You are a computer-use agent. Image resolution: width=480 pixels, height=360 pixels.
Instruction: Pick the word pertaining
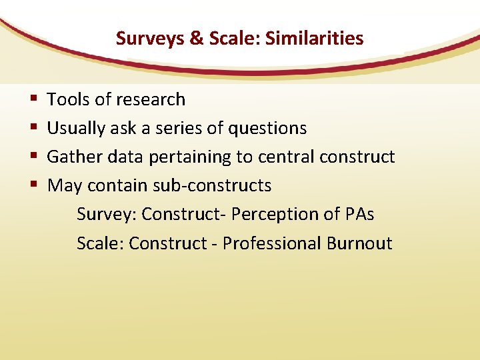tap(189, 157)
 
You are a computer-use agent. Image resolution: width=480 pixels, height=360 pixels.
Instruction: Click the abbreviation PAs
tap(360, 214)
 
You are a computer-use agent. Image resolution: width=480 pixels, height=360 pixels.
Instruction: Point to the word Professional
tap(271, 243)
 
